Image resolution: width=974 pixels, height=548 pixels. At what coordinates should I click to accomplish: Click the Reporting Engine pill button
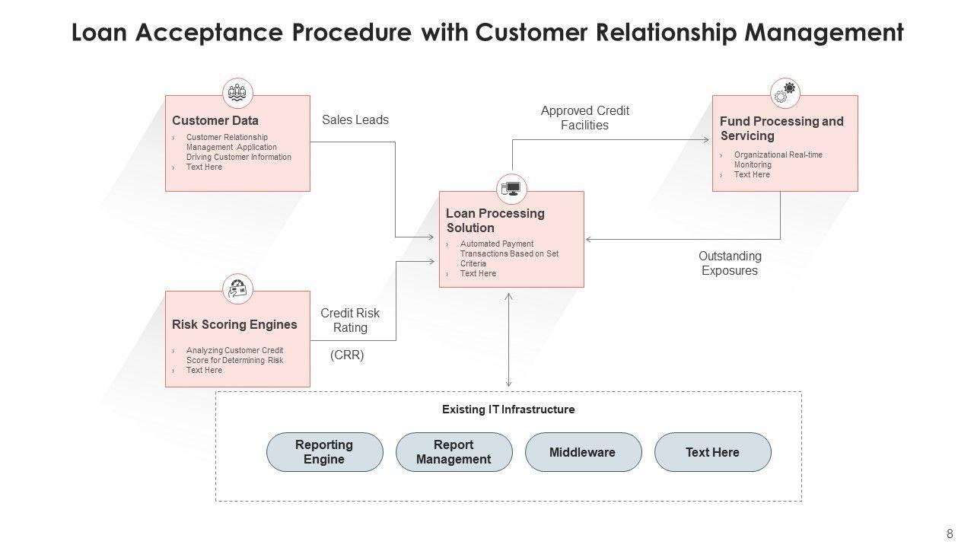[x=325, y=452]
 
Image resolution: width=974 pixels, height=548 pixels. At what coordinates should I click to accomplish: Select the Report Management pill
[x=454, y=452]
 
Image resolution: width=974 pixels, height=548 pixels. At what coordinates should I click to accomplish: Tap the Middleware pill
[x=583, y=452]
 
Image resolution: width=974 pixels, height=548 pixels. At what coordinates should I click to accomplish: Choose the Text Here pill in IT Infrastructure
[x=712, y=452]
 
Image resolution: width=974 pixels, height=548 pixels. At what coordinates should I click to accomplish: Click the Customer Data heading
[x=215, y=120]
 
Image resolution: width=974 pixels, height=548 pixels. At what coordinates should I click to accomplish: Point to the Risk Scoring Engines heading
[x=234, y=324]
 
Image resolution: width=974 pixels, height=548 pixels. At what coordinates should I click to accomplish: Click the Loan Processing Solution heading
[x=495, y=221]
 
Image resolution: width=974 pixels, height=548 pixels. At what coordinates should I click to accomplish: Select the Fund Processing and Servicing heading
[x=781, y=129]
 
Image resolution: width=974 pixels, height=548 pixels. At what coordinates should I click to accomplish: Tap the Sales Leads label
[x=355, y=119]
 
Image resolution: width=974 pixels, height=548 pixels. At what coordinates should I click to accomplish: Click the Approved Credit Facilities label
[x=585, y=118]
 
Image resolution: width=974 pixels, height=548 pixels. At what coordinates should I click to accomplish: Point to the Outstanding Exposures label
[x=730, y=263]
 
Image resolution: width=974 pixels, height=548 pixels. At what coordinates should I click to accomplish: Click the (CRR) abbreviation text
[x=347, y=355]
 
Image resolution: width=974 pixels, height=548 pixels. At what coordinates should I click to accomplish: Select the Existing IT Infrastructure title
[x=508, y=409]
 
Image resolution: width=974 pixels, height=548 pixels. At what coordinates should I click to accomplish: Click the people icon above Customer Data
[x=237, y=93]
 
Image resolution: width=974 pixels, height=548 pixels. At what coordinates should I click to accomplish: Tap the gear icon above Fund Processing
[x=785, y=93]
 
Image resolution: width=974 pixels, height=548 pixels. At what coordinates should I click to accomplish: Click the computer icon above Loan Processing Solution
[x=511, y=189]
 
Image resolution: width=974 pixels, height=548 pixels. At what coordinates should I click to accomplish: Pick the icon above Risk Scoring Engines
[x=237, y=288]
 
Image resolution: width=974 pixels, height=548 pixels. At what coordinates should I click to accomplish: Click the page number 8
[x=950, y=534]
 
